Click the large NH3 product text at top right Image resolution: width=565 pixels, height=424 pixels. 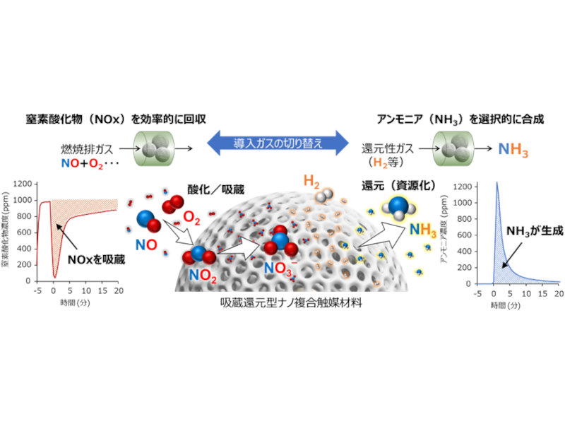[513, 150]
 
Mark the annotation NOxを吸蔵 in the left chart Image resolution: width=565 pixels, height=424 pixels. [95, 259]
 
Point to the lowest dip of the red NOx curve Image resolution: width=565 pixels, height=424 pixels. [55, 276]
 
